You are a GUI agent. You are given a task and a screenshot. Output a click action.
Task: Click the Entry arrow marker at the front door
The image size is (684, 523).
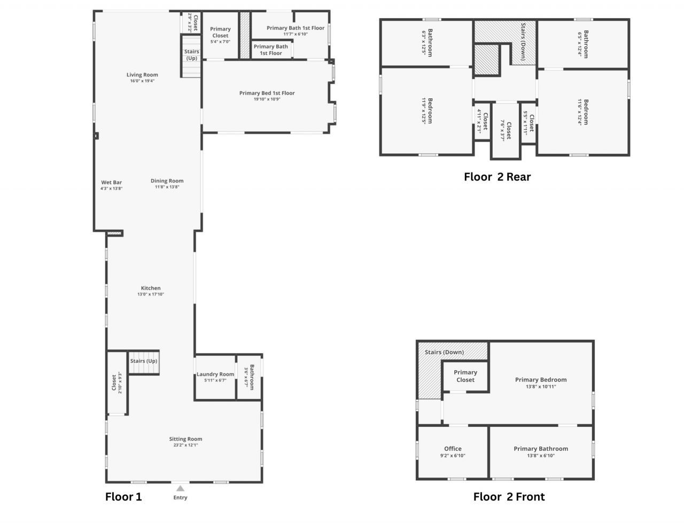[181, 488]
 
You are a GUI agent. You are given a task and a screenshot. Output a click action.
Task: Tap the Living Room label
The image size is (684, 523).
[142, 75]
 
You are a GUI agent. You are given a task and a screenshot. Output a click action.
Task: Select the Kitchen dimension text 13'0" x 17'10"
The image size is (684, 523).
[151, 294]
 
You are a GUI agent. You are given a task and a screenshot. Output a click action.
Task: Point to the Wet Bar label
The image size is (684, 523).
[111, 182]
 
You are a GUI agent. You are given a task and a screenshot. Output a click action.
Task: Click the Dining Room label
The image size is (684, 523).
[167, 181]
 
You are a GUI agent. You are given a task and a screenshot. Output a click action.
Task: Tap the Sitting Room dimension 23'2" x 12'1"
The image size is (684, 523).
[185, 445]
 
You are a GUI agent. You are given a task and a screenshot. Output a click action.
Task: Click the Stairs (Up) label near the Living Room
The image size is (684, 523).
[191, 54]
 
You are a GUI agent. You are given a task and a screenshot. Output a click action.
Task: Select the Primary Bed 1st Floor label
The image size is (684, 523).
[267, 93]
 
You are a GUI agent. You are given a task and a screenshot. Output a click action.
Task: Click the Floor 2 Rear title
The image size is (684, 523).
[497, 177]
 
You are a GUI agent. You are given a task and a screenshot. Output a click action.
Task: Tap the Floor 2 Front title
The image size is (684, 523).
[509, 497]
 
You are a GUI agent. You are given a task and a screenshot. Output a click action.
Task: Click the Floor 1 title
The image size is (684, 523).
[123, 497]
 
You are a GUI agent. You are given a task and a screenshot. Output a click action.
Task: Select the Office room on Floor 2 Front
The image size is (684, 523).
[453, 451]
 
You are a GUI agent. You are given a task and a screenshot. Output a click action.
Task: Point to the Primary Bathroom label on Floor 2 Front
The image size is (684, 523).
[541, 449]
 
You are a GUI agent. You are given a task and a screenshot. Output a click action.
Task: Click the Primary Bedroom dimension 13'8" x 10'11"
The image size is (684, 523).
[541, 386]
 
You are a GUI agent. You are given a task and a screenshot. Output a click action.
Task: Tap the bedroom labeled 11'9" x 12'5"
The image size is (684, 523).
[427, 111]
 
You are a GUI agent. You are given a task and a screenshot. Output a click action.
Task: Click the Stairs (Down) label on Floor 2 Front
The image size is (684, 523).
[444, 352]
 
